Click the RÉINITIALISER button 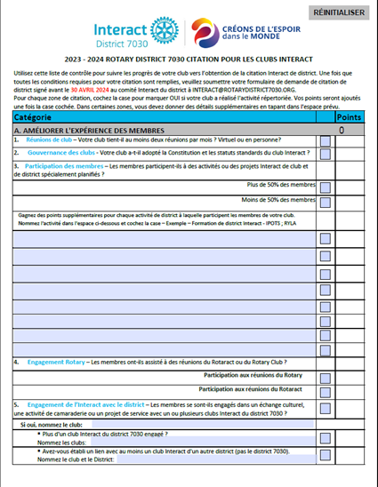click(338, 12)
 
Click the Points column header click(350, 117)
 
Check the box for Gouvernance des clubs click(326, 153)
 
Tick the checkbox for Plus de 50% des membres click(326, 188)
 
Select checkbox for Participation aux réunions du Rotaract click(326, 388)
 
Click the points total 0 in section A click(342, 130)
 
